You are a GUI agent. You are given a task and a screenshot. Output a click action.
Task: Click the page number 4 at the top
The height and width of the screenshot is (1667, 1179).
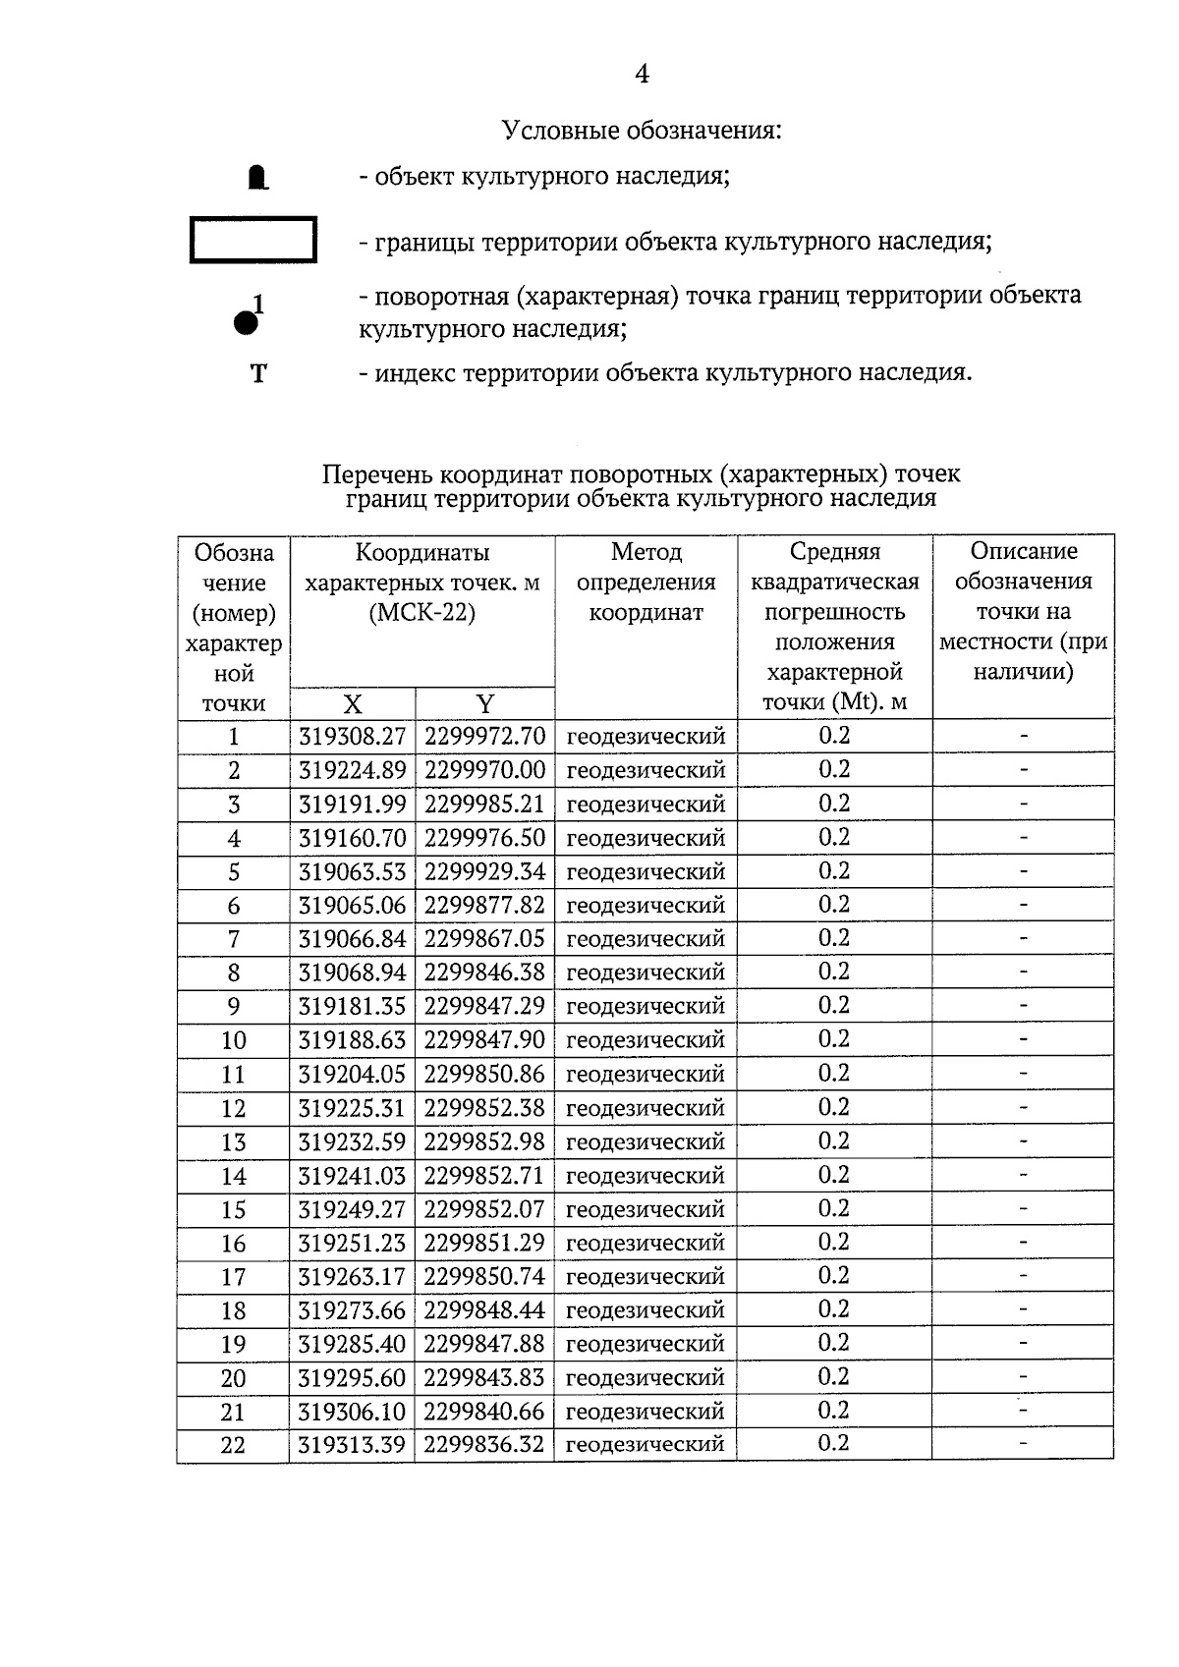coord(642,75)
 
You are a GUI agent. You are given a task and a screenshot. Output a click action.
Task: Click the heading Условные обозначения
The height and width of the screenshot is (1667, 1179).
coord(642,130)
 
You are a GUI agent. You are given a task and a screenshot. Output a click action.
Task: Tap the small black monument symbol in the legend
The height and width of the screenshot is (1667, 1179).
coord(257,178)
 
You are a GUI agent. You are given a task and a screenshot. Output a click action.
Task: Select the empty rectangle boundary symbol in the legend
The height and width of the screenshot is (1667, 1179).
coord(253,240)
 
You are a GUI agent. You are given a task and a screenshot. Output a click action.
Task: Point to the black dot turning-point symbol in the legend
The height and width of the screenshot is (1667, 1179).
coord(245,321)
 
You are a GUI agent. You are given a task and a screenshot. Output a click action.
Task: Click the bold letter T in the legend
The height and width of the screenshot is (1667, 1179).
coord(258,374)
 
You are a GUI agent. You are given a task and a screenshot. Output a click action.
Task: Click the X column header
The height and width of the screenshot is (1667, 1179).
coord(353,703)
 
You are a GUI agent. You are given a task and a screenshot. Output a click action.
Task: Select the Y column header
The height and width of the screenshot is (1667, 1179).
coord(484,703)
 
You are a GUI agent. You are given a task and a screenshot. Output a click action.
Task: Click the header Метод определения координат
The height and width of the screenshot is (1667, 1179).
coord(646,582)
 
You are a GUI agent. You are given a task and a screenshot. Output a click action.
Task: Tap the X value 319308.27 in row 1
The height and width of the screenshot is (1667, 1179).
coord(352,737)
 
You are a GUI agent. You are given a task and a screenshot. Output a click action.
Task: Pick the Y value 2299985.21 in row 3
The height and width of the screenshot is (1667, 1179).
coord(484,805)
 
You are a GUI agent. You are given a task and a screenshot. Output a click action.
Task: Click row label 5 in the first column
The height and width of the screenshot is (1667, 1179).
coord(234,872)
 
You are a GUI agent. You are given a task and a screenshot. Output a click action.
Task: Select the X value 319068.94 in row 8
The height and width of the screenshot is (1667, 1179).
coord(352,972)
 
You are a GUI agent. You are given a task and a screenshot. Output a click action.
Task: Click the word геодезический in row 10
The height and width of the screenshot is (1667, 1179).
coord(646,1039)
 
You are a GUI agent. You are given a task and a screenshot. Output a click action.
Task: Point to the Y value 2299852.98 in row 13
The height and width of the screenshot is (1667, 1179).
coord(484,1141)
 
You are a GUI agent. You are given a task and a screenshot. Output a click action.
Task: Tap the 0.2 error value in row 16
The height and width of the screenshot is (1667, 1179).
coord(834,1242)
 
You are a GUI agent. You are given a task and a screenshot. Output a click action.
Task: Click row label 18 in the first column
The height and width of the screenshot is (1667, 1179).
coord(234,1310)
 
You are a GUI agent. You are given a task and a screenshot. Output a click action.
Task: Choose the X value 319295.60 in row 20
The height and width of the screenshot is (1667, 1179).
coord(352,1377)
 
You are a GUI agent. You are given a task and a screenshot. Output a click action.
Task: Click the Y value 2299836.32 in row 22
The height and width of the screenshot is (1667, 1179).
coord(484,1444)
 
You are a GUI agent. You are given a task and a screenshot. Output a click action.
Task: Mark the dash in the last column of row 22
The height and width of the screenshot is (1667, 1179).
coord(1023,1443)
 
